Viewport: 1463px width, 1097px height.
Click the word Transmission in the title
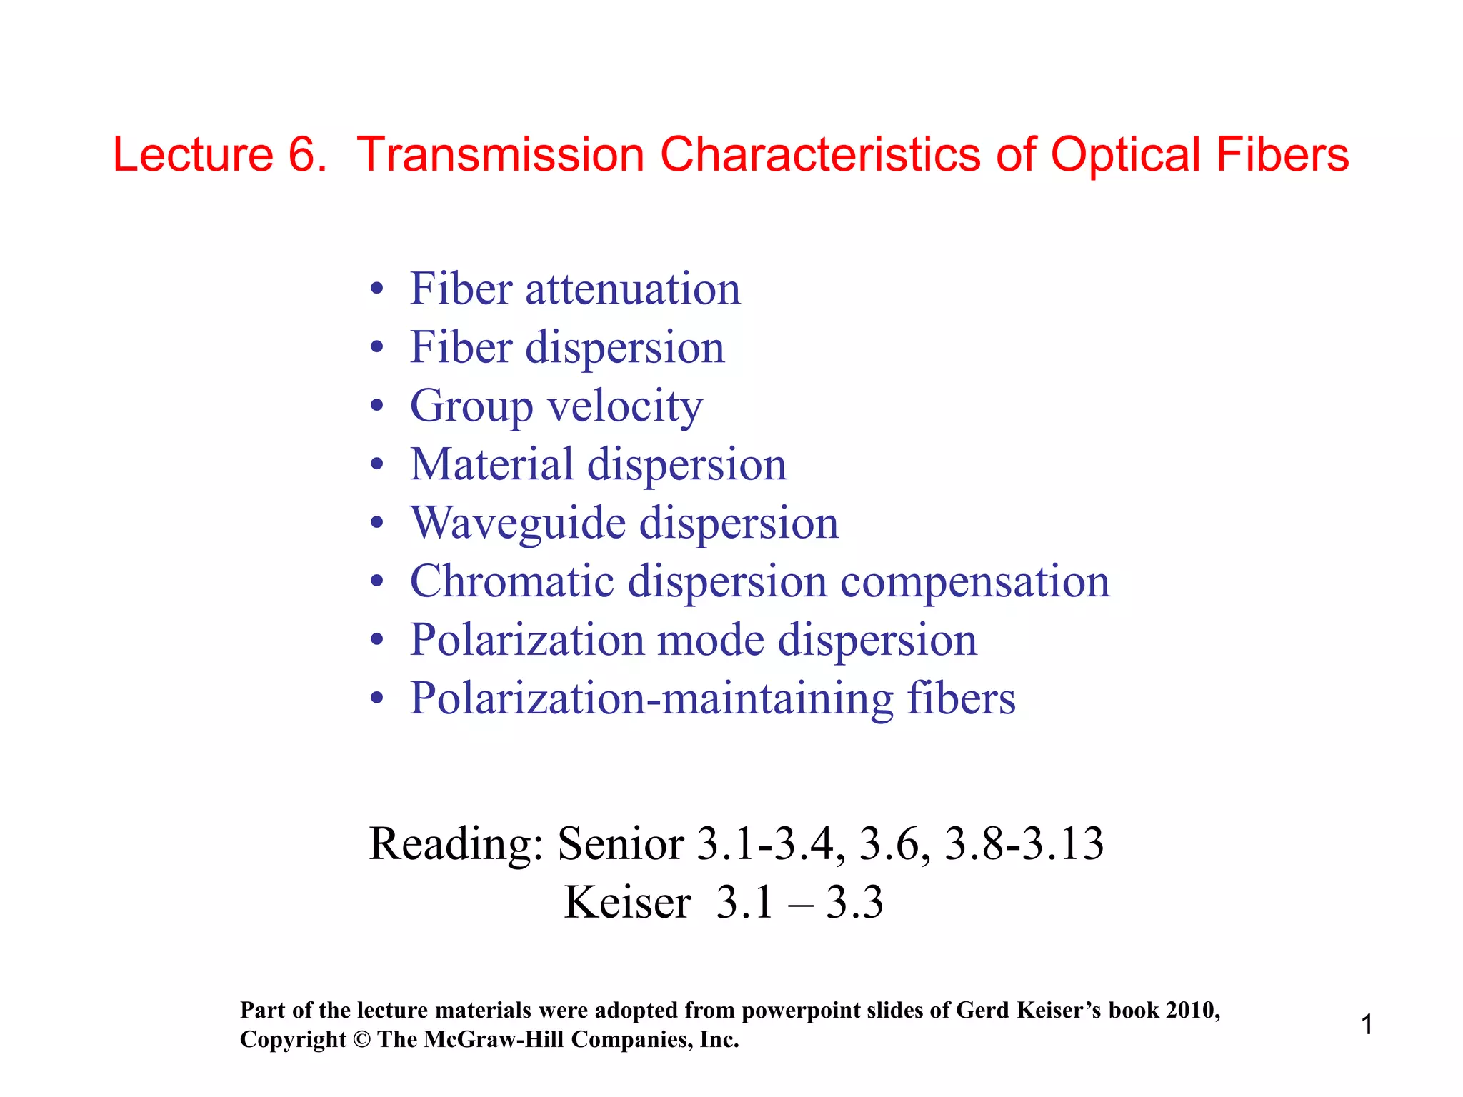click(500, 154)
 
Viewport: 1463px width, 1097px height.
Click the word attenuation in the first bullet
click(633, 289)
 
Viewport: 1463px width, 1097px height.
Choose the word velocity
click(625, 407)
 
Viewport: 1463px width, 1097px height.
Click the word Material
click(491, 464)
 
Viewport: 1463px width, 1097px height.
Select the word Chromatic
click(511, 581)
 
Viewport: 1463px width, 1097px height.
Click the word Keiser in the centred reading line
click(627, 903)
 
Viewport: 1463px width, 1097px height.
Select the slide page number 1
click(1367, 1025)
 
